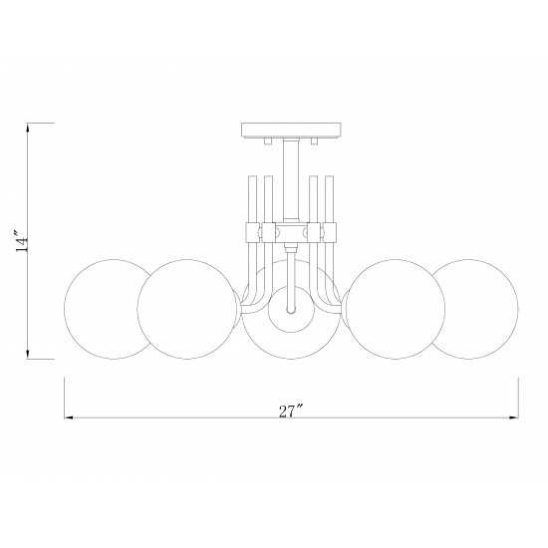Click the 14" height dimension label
pyautogui.click(x=22, y=240)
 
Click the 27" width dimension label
pyautogui.click(x=290, y=411)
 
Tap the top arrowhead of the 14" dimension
pyautogui.click(x=28, y=128)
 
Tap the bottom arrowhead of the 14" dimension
pyautogui.click(x=28, y=354)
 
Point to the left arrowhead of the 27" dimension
pyautogui.click(x=69, y=417)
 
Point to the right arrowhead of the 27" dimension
pyautogui.click(x=513, y=417)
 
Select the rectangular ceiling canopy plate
pyautogui.click(x=291, y=131)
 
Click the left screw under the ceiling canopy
pyautogui.click(x=268, y=140)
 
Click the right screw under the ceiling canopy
pyautogui.click(x=314, y=140)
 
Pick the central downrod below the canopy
pyautogui.click(x=291, y=180)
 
